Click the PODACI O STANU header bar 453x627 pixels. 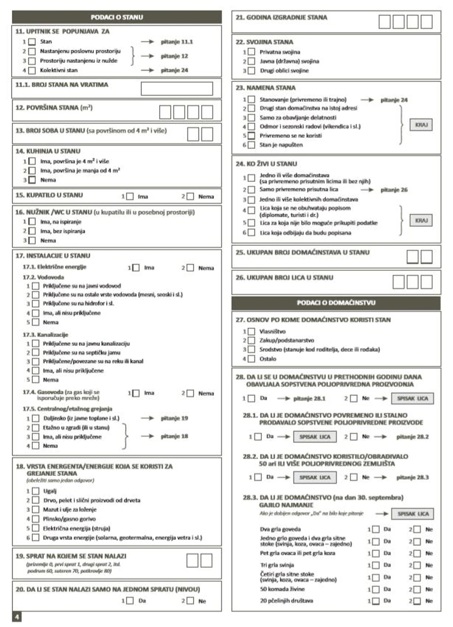tap(117, 17)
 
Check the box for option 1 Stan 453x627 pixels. tap(32, 42)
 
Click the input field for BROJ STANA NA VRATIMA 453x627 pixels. tap(176, 89)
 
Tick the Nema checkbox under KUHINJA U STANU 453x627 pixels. tap(32, 180)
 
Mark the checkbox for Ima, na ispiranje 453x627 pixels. tap(32, 222)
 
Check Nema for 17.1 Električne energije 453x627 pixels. tap(190, 268)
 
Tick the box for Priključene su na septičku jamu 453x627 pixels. tap(35, 353)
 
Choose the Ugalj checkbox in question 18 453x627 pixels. tap(35, 491)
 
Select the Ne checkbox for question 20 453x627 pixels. tap(190, 601)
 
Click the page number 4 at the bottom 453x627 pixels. tap(17, 617)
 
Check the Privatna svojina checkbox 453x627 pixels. tap(251, 52)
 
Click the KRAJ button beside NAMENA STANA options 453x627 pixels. tap(421, 125)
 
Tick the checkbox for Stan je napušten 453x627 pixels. tap(251, 145)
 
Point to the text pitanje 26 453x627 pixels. tap(394, 190)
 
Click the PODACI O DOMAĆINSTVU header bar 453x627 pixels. tap(336, 303)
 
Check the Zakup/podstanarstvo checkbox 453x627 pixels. tap(251, 341)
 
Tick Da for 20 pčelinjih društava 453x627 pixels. tap(375, 601)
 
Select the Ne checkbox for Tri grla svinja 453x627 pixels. tap(417, 565)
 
